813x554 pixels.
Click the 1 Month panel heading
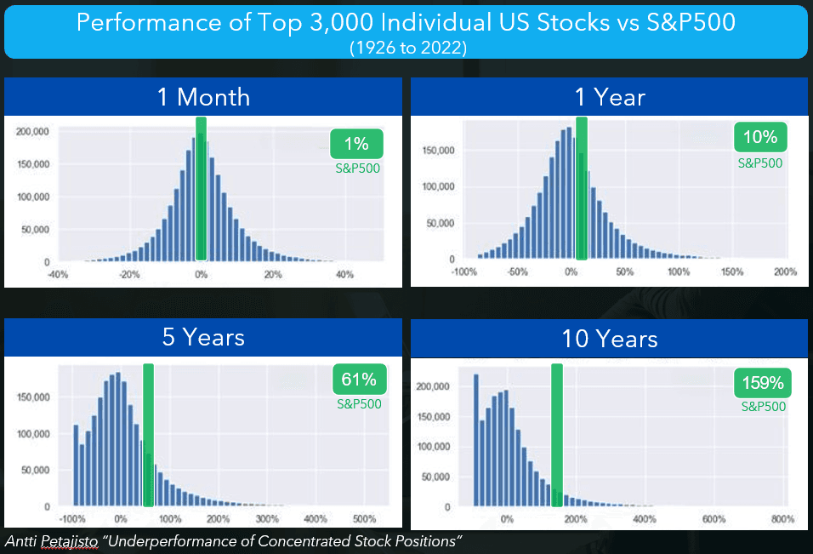click(x=203, y=97)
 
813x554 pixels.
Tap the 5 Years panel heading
click(x=203, y=337)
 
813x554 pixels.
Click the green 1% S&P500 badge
click(x=357, y=144)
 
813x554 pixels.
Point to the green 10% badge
click(x=760, y=137)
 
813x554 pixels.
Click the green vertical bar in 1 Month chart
click(x=201, y=189)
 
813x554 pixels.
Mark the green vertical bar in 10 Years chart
click(x=557, y=434)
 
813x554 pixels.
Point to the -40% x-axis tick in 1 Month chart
click(x=57, y=274)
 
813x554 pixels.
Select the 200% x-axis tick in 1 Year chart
click(x=785, y=272)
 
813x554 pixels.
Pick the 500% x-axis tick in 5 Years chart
click(x=364, y=518)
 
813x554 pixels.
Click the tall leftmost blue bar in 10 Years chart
click(x=476, y=440)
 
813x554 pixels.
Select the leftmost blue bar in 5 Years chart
click(x=76, y=465)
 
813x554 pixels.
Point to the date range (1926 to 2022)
click(x=406, y=48)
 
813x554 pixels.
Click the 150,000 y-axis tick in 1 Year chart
click(x=439, y=151)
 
